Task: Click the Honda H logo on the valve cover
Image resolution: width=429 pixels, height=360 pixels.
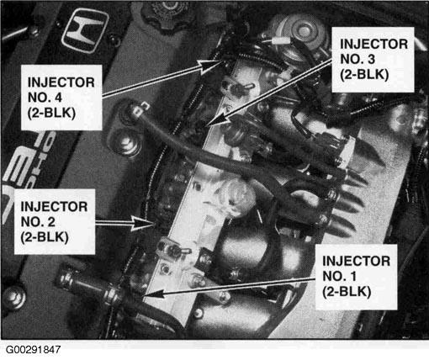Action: tap(85, 30)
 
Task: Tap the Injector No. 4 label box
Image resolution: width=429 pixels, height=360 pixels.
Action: tap(61, 98)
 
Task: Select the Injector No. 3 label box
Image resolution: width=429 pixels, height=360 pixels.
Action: tap(373, 60)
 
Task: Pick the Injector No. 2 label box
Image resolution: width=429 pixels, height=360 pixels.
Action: tap(55, 221)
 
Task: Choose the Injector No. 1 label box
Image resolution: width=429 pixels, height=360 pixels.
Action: tap(356, 277)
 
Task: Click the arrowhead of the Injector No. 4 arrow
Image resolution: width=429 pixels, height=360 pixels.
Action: tap(211, 66)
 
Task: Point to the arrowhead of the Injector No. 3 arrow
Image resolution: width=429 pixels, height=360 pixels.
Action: tap(219, 119)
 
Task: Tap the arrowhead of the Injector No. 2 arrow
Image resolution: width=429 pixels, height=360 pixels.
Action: tap(142, 223)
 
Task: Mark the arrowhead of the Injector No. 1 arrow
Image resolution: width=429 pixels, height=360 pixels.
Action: tap(153, 294)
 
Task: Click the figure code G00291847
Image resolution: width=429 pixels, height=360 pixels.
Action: tap(33, 350)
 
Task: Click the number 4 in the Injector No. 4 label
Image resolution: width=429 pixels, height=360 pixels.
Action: tap(58, 98)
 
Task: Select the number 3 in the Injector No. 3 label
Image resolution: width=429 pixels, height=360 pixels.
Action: tap(371, 59)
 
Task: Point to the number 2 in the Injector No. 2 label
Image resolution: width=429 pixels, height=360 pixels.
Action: tap(51, 222)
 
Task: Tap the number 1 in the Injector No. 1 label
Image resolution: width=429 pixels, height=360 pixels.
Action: tap(353, 276)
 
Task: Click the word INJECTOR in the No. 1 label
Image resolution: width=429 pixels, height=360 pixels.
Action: tap(356, 261)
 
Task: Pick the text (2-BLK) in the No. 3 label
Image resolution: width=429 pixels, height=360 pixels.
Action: tap(364, 75)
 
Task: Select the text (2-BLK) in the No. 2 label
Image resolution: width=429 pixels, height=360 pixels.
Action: tap(45, 237)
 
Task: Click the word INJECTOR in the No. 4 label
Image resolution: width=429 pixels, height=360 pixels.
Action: tap(61, 82)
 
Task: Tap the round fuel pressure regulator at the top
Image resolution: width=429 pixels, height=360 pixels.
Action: tap(298, 35)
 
